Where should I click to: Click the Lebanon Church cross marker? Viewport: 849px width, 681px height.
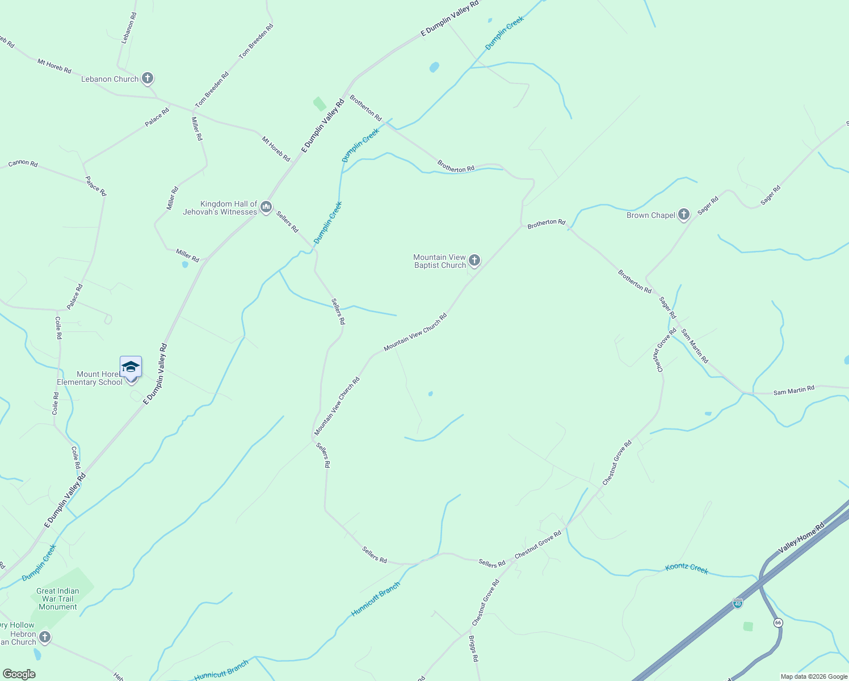point(148,78)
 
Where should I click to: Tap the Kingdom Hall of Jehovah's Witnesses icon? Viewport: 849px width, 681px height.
point(266,208)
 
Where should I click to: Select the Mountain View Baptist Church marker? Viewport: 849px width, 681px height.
point(474,260)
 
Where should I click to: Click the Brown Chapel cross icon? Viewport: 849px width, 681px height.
point(684,215)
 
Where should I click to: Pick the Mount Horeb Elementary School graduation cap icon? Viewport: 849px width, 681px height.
point(131,367)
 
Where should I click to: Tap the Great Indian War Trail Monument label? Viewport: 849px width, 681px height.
point(58,599)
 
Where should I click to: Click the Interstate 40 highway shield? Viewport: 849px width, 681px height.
point(738,603)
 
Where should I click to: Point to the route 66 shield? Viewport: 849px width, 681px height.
point(777,623)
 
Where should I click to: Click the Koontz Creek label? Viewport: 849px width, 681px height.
point(687,568)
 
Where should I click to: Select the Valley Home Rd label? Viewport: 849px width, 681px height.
point(801,539)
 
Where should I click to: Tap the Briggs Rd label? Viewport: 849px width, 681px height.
point(473,648)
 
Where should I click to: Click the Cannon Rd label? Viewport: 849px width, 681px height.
point(23,163)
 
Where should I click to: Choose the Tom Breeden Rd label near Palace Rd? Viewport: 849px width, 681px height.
point(212,90)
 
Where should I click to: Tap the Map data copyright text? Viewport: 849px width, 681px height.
point(814,676)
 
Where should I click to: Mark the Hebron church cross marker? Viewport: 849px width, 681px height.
point(44,637)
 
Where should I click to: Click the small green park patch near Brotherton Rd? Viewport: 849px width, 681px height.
point(320,104)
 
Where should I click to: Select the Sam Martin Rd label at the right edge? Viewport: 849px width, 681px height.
point(794,390)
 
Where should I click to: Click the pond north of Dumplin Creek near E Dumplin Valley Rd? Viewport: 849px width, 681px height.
point(434,67)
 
